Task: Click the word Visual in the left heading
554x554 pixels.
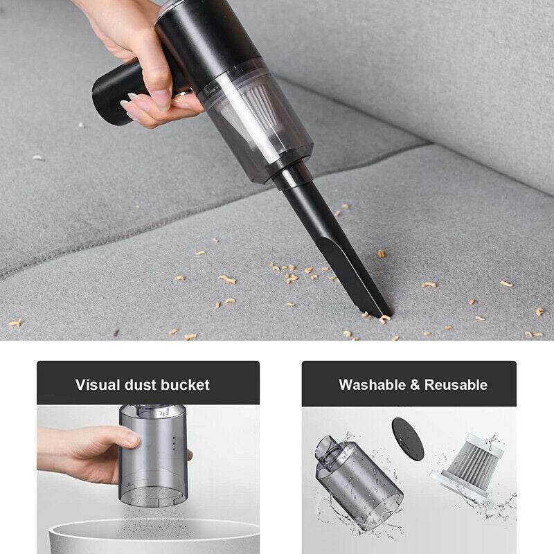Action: click(96, 384)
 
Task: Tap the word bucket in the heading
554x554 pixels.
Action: click(184, 384)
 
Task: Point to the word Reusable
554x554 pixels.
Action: click(456, 384)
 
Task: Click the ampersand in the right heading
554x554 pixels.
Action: click(414, 384)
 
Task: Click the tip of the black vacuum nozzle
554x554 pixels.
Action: click(382, 311)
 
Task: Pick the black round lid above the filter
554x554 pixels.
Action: click(407, 438)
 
